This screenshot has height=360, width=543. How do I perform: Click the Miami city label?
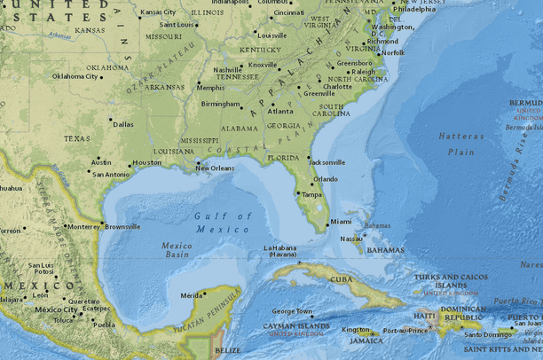[341, 222]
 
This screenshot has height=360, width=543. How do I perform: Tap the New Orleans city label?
[216, 168]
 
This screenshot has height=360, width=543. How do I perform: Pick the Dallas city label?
[123, 125]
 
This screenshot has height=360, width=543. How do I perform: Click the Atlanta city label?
[280, 112]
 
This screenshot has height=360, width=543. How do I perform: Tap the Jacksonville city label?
[327, 162]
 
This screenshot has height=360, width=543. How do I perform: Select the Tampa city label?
[311, 194]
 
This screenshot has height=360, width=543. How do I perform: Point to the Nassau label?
[351, 238]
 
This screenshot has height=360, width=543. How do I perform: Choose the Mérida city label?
[191, 295]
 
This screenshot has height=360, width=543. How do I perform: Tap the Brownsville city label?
[122, 227]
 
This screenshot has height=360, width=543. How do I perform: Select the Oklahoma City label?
[75, 76]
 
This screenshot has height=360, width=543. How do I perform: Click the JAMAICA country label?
[359, 340]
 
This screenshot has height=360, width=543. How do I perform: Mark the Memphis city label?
[210, 88]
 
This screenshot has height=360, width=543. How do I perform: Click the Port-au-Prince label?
[404, 332]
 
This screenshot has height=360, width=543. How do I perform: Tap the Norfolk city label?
[392, 52]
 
